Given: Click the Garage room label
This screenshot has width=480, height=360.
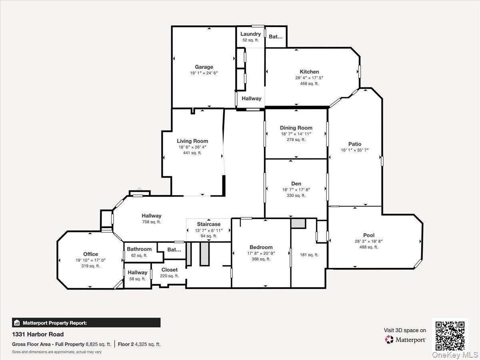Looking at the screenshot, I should (204, 67).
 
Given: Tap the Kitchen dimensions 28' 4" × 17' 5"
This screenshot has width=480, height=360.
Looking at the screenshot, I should (309, 78).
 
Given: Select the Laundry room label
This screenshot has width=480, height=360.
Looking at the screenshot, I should (250, 34).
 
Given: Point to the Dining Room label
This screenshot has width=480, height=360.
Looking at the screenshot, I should (296, 128).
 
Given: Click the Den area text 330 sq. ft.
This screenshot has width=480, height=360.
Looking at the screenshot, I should (296, 196).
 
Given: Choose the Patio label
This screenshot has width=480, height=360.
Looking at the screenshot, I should (354, 144).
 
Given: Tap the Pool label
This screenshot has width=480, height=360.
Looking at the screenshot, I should (368, 235).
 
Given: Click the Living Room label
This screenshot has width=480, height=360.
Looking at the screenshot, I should (192, 141).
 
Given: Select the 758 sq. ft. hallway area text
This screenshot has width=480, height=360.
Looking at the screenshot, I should (151, 222).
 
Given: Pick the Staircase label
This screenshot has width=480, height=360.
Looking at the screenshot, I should (208, 224).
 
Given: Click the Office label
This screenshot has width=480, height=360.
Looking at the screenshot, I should (90, 254).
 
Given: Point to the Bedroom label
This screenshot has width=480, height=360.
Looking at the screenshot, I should (261, 247).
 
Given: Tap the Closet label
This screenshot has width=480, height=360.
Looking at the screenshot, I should (170, 270).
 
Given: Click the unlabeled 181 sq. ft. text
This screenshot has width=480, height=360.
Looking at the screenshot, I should (309, 255).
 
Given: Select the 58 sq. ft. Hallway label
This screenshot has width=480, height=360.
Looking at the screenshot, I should (138, 272).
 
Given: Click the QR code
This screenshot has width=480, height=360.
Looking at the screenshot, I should (450, 335).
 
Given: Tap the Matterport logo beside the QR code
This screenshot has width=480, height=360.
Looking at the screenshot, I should (405, 340).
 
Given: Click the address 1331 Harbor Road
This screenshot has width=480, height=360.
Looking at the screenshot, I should (38, 334).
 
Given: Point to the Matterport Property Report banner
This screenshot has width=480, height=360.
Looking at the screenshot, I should (86, 323).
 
